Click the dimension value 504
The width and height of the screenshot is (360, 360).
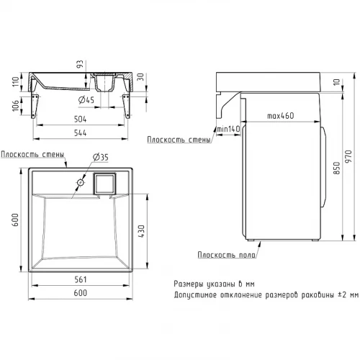(x=80, y=119)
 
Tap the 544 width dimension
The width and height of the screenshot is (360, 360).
(x=80, y=132)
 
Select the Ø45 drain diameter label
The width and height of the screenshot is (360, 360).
(x=86, y=100)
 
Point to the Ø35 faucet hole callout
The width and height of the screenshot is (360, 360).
(x=101, y=157)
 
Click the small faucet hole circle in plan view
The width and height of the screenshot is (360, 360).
(x=81, y=183)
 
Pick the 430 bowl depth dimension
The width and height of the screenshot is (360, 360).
(x=142, y=231)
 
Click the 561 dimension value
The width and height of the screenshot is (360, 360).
(x=80, y=279)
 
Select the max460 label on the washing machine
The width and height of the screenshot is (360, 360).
(x=281, y=116)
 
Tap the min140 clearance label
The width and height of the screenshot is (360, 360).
(x=228, y=129)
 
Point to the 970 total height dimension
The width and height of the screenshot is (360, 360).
(x=348, y=156)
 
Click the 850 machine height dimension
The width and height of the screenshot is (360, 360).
(x=337, y=168)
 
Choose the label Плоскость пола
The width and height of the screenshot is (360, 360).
(x=227, y=255)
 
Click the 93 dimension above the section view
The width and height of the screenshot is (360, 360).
(x=80, y=64)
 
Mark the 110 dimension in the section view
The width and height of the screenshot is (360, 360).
(x=16, y=81)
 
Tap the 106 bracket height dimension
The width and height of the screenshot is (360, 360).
(x=16, y=106)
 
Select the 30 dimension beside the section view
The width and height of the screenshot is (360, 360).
(x=140, y=77)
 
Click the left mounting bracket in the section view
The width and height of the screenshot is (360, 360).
(x=35, y=106)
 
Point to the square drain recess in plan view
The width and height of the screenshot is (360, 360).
(x=104, y=184)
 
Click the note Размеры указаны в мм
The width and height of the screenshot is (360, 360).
(x=214, y=284)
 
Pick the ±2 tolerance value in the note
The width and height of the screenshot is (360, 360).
(x=342, y=294)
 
